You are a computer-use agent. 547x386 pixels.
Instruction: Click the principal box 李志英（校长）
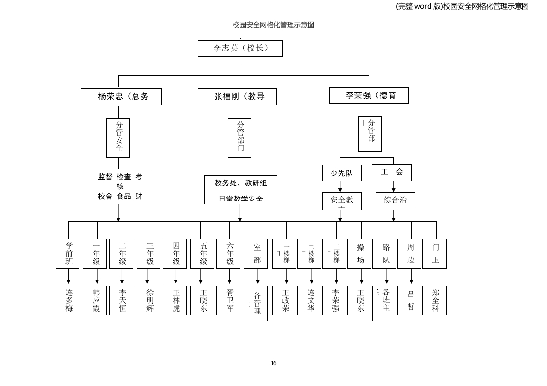click(240, 48)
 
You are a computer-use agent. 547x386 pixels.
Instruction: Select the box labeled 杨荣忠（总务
click(121, 96)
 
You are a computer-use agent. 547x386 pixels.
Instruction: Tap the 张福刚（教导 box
click(237, 96)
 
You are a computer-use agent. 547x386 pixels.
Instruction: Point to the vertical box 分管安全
click(118, 138)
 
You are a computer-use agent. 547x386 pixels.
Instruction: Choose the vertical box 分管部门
click(239, 138)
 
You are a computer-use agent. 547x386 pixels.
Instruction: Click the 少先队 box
click(341, 173)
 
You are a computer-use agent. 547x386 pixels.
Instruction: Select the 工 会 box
click(391, 172)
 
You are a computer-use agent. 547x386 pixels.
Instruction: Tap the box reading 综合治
click(395, 201)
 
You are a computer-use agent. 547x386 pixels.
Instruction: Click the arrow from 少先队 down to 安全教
click(340, 186)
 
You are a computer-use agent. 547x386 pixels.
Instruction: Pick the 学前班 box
click(67, 254)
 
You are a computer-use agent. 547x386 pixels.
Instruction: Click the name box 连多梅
click(67, 300)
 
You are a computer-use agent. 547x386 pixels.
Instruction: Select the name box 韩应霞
click(95, 300)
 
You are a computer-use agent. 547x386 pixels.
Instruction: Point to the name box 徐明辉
click(148, 300)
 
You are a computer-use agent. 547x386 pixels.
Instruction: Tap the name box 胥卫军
click(228, 300)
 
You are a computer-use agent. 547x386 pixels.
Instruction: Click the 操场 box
click(360, 254)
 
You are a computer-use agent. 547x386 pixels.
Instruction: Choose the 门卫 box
click(434, 254)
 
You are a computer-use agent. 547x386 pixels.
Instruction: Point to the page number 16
click(273, 363)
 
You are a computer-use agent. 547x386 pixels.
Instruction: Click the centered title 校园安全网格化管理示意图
click(273, 25)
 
